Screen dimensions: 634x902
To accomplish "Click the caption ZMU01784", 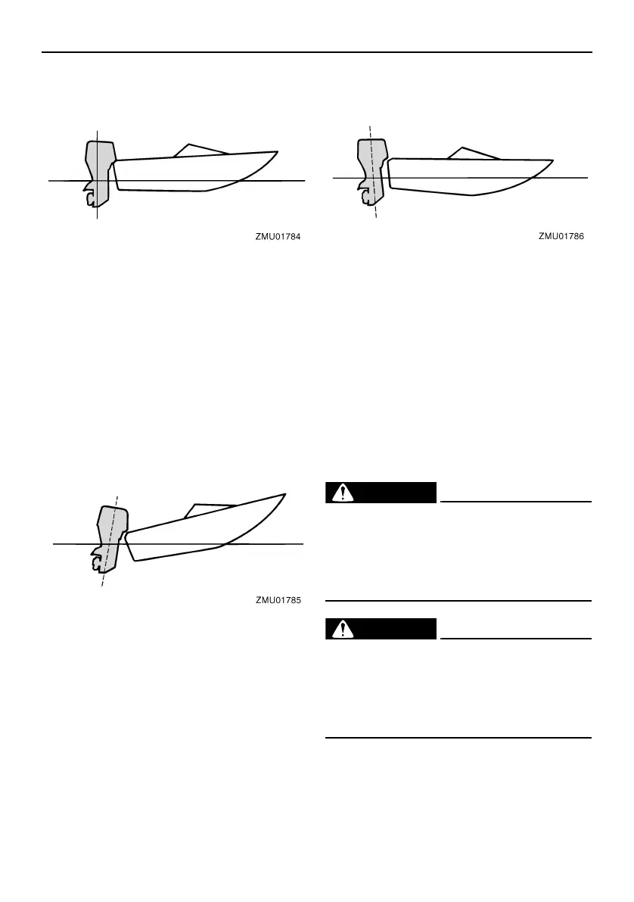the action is coord(278,237).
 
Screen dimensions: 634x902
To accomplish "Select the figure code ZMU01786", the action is coord(562,236).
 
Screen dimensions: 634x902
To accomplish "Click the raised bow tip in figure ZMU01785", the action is coord(284,494).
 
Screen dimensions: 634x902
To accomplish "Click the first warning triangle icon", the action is coord(345,493).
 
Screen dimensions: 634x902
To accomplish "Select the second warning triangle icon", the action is coord(345,629).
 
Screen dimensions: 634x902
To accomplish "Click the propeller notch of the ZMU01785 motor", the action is coord(97,563).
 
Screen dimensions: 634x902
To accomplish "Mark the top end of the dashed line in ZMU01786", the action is coord(369,126).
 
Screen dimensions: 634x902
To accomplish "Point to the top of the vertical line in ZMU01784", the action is coord(98,130).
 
